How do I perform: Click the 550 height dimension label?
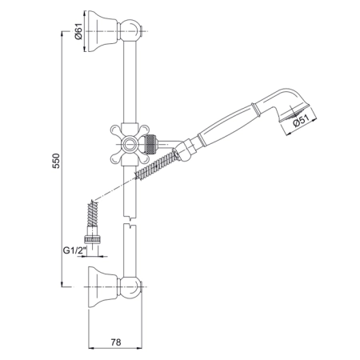pos(56,161)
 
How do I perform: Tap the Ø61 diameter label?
pos(78,31)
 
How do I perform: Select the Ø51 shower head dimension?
pos(301,121)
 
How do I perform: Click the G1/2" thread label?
pos(75,250)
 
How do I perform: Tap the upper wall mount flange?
pos(102,31)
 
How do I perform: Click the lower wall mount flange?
pos(102,286)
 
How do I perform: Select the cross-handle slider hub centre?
pos(130,144)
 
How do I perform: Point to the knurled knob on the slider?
pos(150,144)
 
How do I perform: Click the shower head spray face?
pos(294,114)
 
